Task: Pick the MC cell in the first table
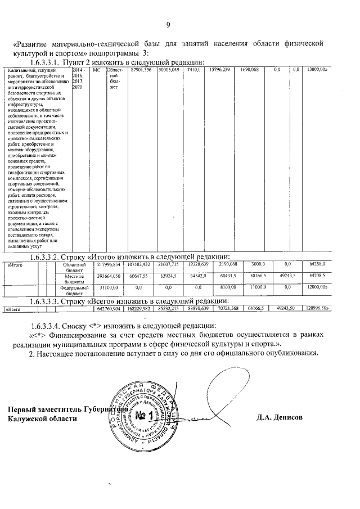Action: click(96, 70)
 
